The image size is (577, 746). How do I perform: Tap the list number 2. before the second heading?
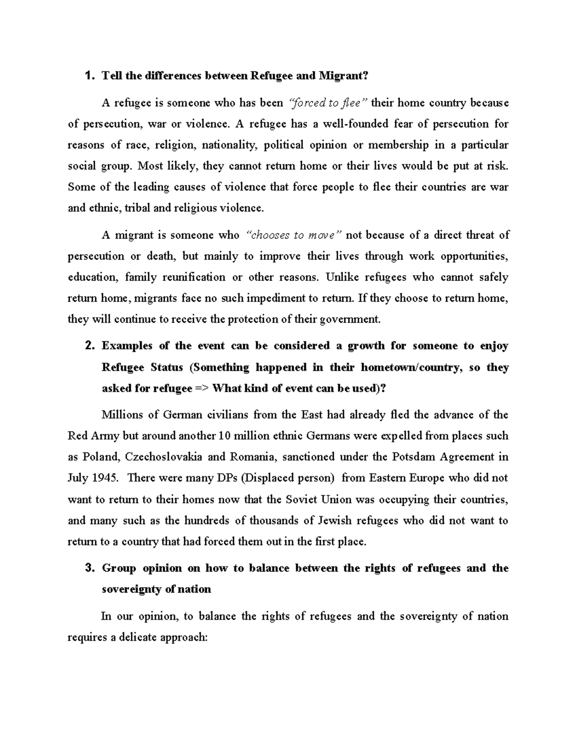click(89, 346)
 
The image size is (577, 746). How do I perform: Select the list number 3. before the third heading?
click(89, 568)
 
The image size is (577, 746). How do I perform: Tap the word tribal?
click(137, 208)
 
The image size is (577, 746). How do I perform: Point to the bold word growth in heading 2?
click(366, 346)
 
